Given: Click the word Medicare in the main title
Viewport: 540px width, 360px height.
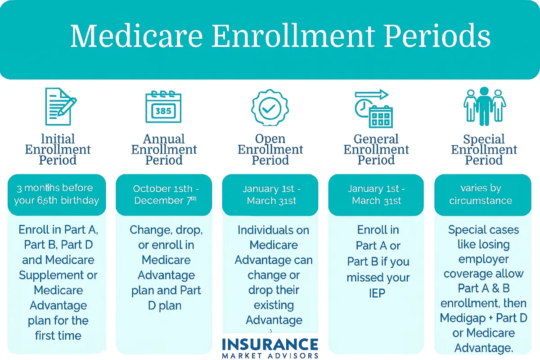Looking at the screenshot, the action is click(x=136, y=36).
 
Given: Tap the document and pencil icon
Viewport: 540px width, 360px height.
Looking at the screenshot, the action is click(x=61, y=106).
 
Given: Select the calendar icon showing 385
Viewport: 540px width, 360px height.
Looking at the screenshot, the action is click(x=163, y=107).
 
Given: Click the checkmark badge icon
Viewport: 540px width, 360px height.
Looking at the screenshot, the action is click(x=270, y=108).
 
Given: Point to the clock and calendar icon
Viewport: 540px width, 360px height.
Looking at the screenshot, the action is click(x=373, y=108).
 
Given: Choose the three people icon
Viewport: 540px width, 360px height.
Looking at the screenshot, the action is click(x=485, y=106).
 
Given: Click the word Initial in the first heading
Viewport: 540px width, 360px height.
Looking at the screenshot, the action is click(x=58, y=139).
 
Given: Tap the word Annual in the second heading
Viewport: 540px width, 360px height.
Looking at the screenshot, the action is click(x=164, y=139).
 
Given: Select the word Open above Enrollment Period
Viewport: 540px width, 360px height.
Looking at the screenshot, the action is click(x=270, y=139).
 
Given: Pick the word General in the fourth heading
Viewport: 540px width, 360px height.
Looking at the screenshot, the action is click(x=376, y=139).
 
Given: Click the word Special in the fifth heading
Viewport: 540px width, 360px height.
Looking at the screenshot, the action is click(x=484, y=139).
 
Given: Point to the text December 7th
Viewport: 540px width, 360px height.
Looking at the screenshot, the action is click(x=166, y=200).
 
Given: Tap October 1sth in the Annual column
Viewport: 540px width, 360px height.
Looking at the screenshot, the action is click(x=163, y=189).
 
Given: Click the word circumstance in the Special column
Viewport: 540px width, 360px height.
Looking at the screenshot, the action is click(x=481, y=201).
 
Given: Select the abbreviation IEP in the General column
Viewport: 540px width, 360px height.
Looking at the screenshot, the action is click(x=377, y=293).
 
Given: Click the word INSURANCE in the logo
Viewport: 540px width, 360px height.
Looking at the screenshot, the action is click(x=270, y=344).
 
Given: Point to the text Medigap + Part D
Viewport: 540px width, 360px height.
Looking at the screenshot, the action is click(x=484, y=318).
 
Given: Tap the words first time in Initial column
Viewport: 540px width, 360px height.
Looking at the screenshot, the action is click(x=58, y=336).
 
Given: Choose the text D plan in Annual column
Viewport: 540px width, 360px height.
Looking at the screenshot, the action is click(x=165, y=306).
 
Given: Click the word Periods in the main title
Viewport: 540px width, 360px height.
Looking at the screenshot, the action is click(x=437, y=36).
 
